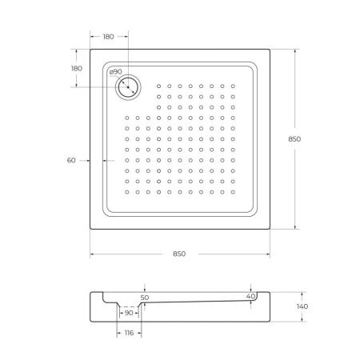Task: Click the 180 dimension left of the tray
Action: point(77,68)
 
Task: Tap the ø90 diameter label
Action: point(115,72)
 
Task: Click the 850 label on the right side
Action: point(294,139)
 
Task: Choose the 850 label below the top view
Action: point(179,254)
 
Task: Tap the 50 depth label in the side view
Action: point(145,297)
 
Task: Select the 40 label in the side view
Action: point(252,297)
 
